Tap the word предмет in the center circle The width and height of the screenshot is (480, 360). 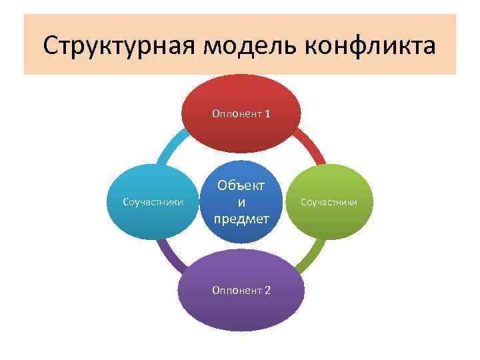click(x=241, y=218)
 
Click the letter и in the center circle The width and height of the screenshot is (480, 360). click(x=241, y=201)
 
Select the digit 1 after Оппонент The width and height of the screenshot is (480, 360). click(x=267, y=114)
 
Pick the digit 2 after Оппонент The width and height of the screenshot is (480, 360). click(x=267, y=290)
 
